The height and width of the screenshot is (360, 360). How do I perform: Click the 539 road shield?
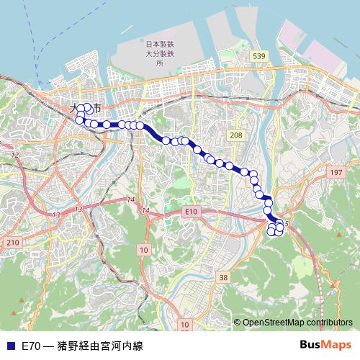259,55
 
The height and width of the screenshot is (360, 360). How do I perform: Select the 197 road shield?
335,173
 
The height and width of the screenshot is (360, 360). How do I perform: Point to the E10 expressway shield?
190,211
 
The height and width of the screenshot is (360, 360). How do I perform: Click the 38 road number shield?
223,277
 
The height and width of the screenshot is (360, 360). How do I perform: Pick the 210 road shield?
12,243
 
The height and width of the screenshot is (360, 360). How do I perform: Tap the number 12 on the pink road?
14,155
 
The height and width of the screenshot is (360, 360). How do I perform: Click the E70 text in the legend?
30,346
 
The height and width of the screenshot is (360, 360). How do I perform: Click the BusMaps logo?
325,346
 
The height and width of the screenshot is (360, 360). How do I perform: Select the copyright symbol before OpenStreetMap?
238,323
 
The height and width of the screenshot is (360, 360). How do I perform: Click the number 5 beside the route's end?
287,224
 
